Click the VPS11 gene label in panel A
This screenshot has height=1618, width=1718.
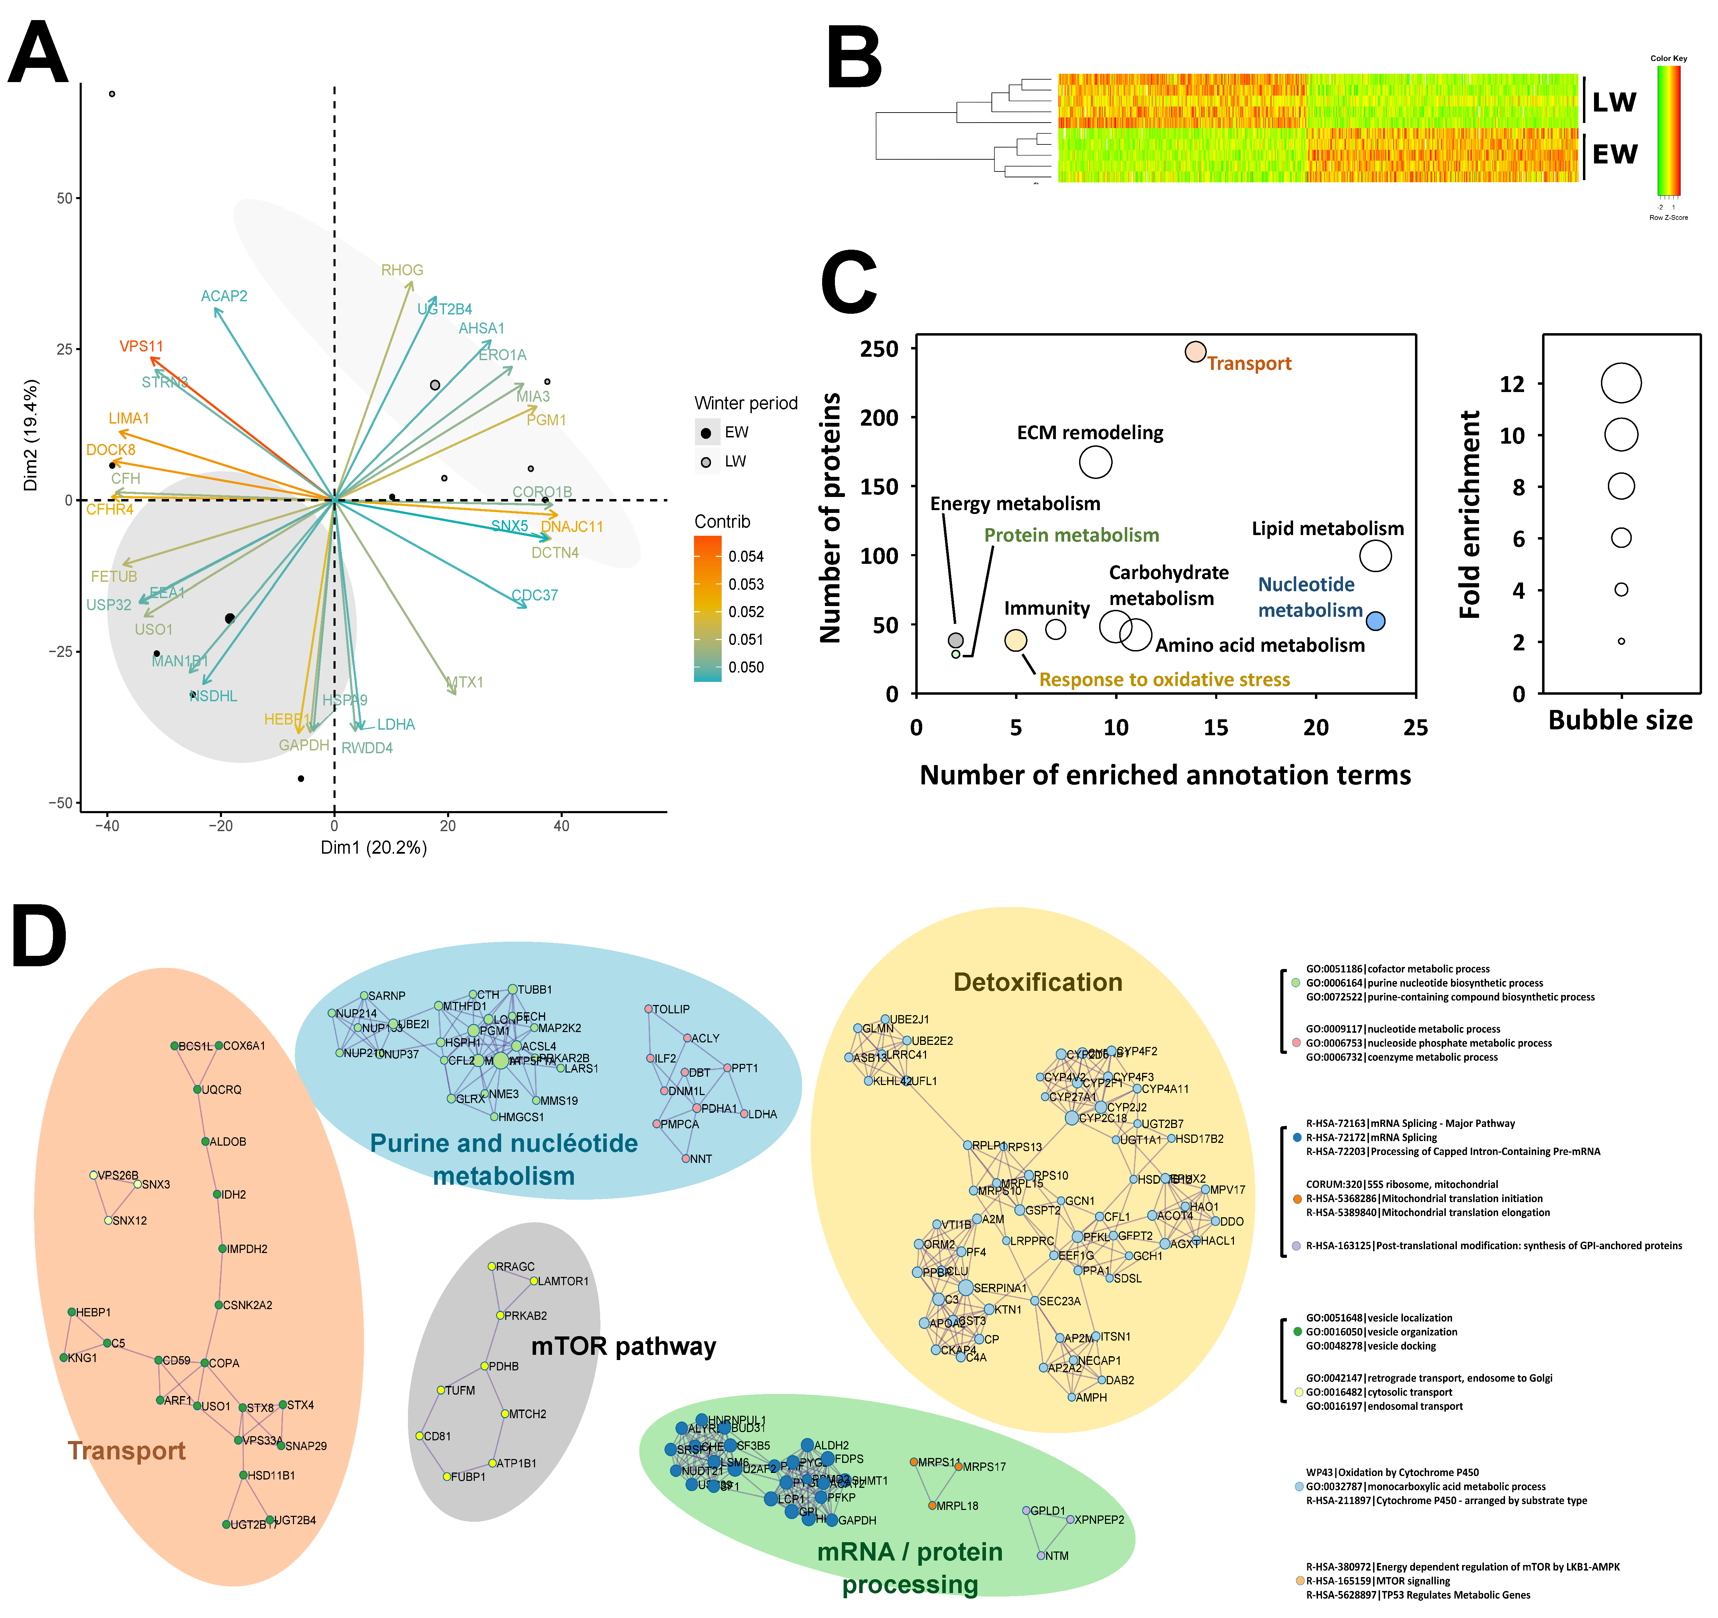(x=141, y=347)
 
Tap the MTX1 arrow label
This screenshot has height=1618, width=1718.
(x=465, y=683)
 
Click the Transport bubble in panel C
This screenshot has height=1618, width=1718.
(x=1195, y=352)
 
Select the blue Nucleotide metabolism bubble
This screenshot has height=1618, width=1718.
(x=1375, y=621)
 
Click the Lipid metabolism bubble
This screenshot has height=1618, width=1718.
(x=1375, y=556)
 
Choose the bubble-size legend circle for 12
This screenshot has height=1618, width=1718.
(x=1620, y=383)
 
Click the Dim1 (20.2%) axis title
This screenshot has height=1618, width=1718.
(x=373, y=848)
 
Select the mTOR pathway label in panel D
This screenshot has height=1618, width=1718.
(x=623, y=1346)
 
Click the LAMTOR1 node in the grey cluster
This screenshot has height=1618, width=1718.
(x=534, y=1281)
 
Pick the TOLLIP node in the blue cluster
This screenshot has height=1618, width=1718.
(x=648, y=1009)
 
